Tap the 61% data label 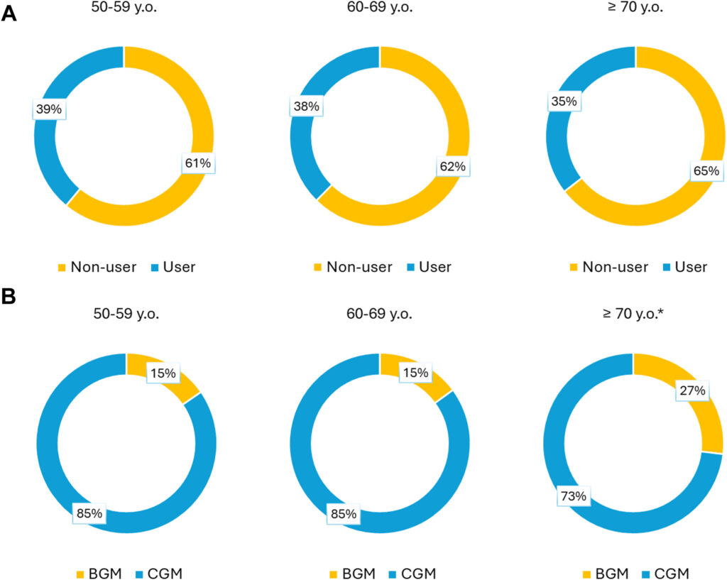[x=198, y=163]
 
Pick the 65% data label [x=706, y=171]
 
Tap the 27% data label [x=692, y=391]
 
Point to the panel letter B [x=9, y=296]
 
